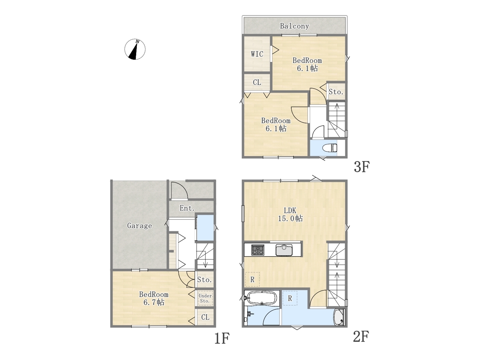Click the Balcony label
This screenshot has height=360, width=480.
tap(294, 26)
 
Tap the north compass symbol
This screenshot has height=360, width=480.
tap(135, 49)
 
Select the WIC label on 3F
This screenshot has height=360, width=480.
tap(257, 54)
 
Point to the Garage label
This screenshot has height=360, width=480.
tap(139, 226)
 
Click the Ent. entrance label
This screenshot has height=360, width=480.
tap(187, 208)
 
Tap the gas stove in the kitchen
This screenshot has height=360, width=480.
tap(258, 250)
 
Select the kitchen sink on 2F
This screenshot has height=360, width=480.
tap(284, 250)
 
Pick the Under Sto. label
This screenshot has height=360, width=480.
tap(205, 298)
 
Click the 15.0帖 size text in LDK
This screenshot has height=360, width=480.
tap(290, 218)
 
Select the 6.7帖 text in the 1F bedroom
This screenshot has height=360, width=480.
tap(154, 302)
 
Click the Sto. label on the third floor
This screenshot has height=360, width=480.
tap(336, 92)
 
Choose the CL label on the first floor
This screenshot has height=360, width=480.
tap(205, 317)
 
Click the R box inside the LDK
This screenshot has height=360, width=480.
tap(252, 279)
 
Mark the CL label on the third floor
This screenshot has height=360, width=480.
tap(257, 82)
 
